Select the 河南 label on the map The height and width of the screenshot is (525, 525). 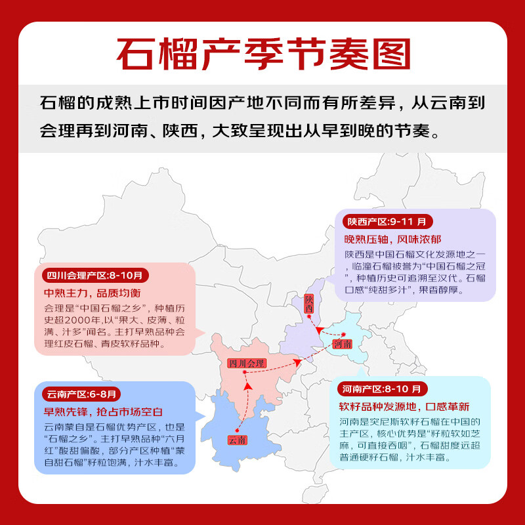(342, 343)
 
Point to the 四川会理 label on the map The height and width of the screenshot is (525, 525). (246, 363)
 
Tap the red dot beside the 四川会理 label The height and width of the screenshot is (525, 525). (244, 373)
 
